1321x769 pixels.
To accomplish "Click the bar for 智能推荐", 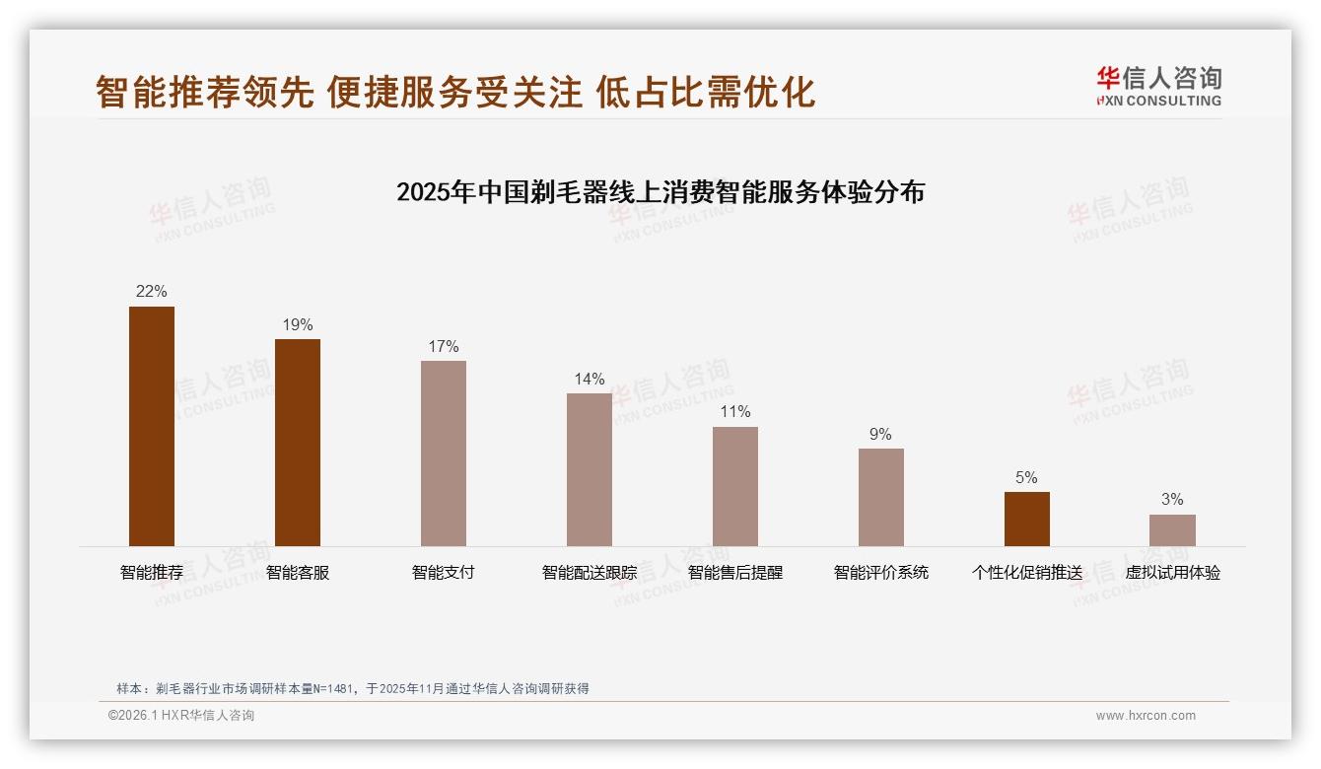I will [152, 426].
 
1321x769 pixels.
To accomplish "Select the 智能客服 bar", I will [298, 443].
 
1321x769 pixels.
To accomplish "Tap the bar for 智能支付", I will [444, 454].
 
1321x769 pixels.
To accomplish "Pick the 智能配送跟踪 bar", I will [590, 469].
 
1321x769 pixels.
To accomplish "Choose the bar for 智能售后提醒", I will [735, 486].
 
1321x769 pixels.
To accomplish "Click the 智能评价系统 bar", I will [880, 497].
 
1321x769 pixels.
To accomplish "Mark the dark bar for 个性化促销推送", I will [1026, 519].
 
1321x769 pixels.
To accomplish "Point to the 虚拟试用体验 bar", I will [1172, 530].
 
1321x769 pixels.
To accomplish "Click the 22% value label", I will [152, 291].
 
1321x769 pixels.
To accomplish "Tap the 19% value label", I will [298, 324].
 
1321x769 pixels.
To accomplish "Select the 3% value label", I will [1172, 500].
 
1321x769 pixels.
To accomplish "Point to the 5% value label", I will [1026, 477].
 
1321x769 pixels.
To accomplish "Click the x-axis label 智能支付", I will [444, 572].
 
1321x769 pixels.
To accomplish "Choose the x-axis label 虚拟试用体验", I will [1172, 572].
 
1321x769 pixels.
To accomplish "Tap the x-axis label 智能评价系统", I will [880, 572].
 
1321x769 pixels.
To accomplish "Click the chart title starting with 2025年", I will [660, 192].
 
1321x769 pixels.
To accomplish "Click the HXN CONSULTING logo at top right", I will [1158, 87].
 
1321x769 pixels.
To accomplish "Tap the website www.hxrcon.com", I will [1146, 716].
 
